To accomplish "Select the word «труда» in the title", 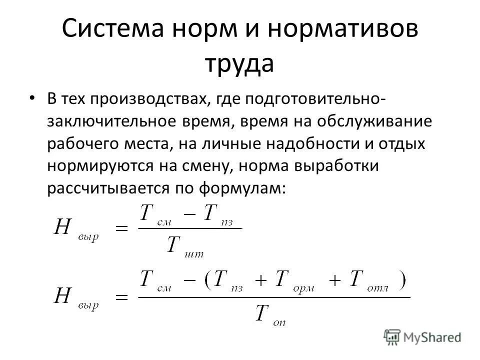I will click(239, 64).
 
